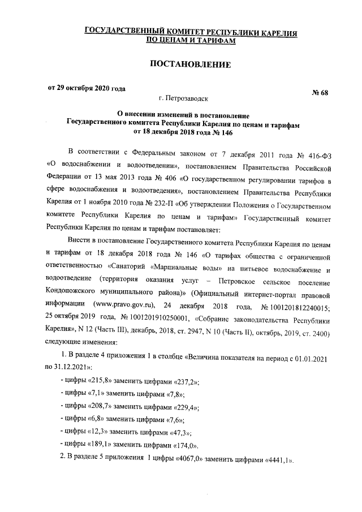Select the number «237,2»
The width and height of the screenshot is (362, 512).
pos(184,382)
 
